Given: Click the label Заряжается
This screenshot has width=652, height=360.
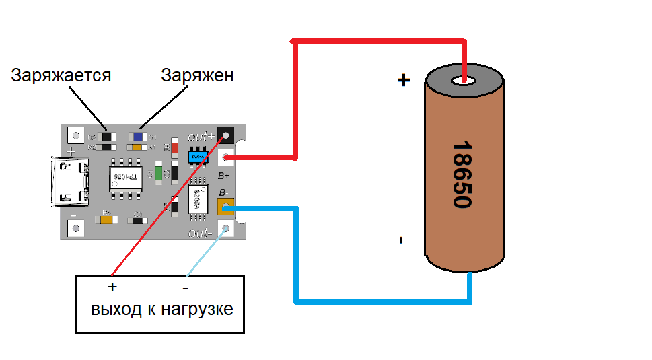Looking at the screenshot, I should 61,75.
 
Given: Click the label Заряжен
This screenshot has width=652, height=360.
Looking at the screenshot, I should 197,75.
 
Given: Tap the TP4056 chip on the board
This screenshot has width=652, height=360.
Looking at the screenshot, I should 125,178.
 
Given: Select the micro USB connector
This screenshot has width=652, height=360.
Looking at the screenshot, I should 71,182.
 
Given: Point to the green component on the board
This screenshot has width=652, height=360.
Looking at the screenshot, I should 159,172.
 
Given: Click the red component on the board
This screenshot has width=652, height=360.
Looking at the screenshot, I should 175,147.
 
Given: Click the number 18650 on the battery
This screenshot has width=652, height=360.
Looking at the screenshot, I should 462,174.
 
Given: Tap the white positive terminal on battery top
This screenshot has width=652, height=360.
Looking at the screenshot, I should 464,81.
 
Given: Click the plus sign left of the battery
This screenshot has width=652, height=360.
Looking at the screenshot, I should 403,81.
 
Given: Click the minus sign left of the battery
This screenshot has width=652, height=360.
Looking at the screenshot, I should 401,240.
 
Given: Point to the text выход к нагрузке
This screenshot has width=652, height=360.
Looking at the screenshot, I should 162,310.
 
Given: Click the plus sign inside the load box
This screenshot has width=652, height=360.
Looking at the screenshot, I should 112,287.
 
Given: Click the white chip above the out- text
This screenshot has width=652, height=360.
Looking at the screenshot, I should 198,199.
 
